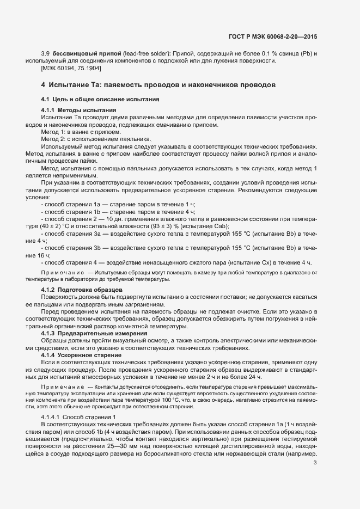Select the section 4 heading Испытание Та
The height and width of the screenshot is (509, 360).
158,85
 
